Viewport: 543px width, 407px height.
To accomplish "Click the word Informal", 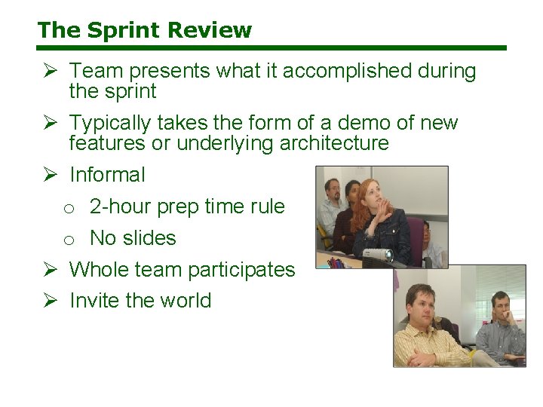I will pyautogui.click(x=107, y=175).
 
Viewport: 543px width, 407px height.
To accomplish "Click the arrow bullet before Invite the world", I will pyautogui.click(x=50, y=301).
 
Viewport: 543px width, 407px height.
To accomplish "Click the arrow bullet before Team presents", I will pyautogui.click(x=50, y=72).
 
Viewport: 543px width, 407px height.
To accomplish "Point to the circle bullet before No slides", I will pyautogui.click(x=69, y=240).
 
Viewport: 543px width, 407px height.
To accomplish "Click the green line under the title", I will pyautogui.click(x=271, y=48).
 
